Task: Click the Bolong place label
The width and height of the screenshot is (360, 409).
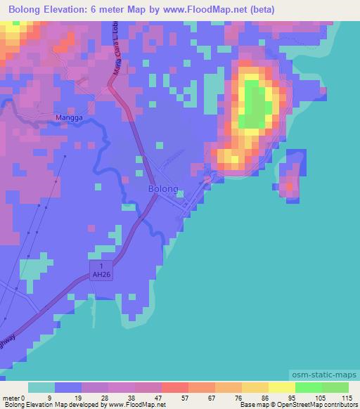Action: (x=162, y=189)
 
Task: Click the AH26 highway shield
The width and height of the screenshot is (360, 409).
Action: (x=103, y=271)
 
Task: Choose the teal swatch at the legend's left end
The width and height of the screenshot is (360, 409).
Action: (x=41, y=387)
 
